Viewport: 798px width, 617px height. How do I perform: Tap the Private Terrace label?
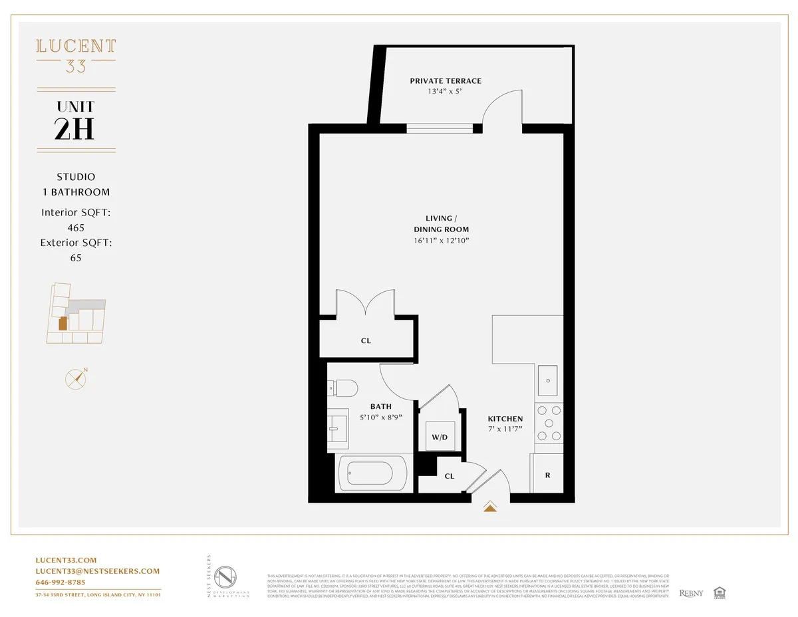click(446, 81)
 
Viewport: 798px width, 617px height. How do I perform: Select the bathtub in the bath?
click(372, 473)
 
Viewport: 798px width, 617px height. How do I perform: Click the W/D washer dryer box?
click(440, 437)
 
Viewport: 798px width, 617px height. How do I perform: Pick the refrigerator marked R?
click(547, 475)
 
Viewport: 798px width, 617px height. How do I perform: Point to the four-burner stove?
click(549, 423)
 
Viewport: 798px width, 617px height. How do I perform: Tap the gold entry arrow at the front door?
click(490, 508)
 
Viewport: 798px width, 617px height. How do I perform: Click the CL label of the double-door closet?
click(366, 340)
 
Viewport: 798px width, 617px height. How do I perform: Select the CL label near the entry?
click(449, 476)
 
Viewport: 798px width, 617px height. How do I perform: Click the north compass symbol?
click(76, 378)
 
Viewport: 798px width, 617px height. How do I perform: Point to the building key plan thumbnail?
click(75, 314)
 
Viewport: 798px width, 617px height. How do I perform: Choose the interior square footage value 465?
click(76, 227)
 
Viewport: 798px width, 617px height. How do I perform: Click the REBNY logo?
click(691, 592)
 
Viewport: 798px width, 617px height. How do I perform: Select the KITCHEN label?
click(505, 419)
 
